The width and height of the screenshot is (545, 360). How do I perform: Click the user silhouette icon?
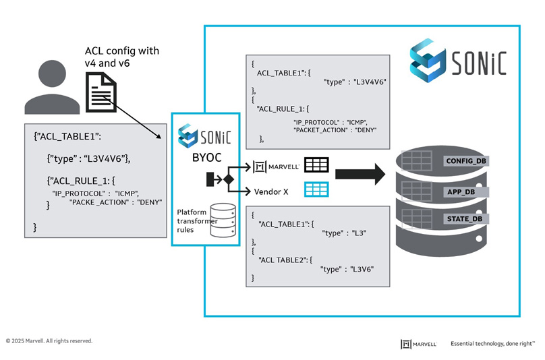tap(49, 88)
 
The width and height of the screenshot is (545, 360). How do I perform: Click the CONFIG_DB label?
tap(467, 161)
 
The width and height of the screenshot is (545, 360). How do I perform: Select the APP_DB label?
tap(462, 191)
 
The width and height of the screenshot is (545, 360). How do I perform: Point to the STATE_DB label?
tap(464, 219)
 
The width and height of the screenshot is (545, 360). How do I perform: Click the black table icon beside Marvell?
tap(316, 165)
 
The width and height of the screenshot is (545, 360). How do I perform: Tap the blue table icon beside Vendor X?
tap(316, 189)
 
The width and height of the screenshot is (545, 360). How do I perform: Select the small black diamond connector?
tap(228, 179)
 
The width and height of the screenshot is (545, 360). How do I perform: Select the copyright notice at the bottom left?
tap(49, 341)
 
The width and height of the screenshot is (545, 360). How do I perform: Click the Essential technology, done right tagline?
tap(492, 343)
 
